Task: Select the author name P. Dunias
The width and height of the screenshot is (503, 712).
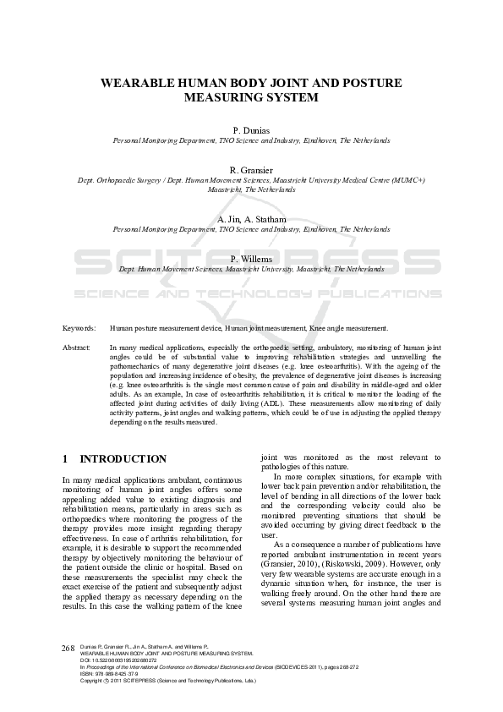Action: pyautogui.click(x=251, y=130)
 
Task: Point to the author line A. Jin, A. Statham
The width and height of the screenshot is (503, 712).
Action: pyautogui.click(x=251, y=219)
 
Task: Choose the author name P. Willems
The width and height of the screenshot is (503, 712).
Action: pyautogui.click(x=251, y=259)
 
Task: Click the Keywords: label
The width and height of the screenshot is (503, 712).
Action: pyautogui.click(x=79, y=327)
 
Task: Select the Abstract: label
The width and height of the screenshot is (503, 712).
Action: pyautogui.click(x=77, y=348)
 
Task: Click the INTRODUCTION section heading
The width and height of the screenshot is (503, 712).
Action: pyautogui.click(x=123, y=459)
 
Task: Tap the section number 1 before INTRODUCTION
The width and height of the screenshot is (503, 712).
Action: pyautogui.click(x=66, y=459)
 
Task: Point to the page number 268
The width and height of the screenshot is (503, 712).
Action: pyautogui.click(x=69, y=647)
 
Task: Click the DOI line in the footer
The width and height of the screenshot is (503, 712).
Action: pyautogui.click(x=113, y=660)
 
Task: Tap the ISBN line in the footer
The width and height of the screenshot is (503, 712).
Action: pyautogui.click(x=110, y=673)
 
